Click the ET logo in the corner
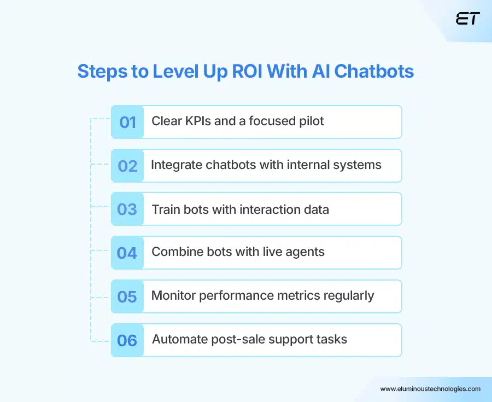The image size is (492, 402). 467,19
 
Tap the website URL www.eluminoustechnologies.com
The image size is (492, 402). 430,389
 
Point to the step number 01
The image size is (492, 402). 127,122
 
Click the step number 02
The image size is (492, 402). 127,166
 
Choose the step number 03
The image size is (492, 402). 127,209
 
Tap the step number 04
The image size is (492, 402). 127,253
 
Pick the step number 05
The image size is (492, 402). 127,296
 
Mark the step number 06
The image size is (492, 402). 127,340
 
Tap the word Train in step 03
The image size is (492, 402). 166,209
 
